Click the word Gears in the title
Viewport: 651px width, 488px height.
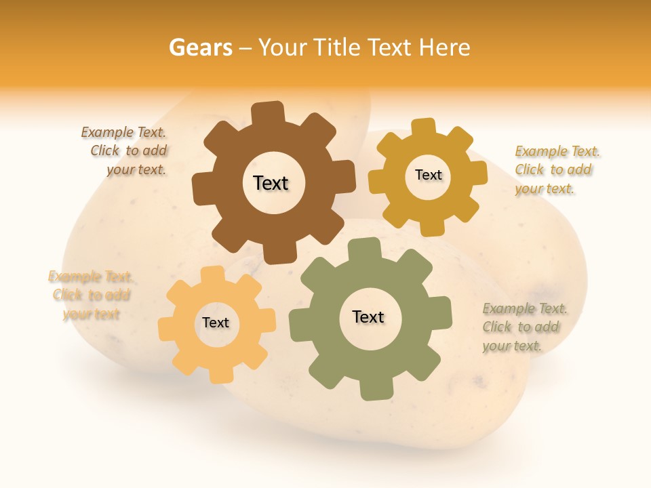[200, 47]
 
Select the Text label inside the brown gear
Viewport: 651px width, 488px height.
[271, 183]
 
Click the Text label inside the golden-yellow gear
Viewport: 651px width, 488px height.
[428, 175]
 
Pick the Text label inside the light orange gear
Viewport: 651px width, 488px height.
[216, 323]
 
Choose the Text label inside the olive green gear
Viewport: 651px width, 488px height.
[368, 317]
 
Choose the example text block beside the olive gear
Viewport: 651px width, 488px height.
[524, 327]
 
